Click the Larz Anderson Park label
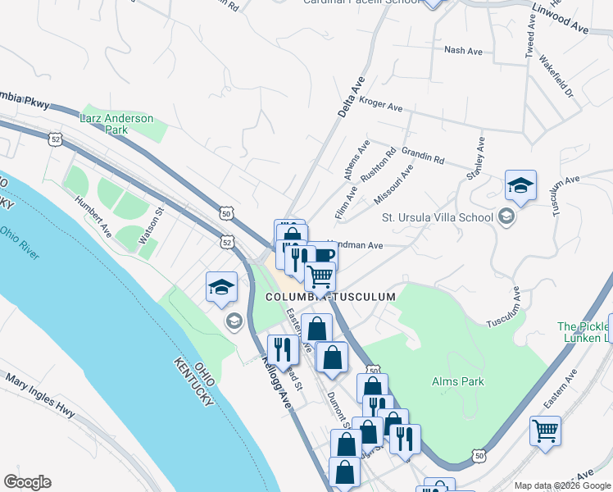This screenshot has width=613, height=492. click(116, 124)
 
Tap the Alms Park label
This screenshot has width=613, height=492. click(458, 381)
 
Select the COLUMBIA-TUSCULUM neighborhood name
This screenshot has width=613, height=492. click(330, 297)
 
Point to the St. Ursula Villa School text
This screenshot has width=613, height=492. click(438, 217)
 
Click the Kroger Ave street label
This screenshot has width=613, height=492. click(381, 107)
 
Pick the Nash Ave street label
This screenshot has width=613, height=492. click(463, 50)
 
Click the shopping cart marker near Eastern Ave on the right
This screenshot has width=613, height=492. click(545, 430)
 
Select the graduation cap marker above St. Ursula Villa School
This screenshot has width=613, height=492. click(520, 186)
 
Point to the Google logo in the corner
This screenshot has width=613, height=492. click(26, 482)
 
